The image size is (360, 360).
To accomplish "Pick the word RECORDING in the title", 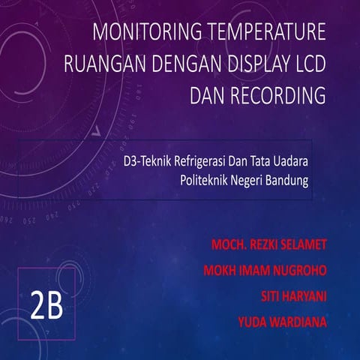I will [276, 97].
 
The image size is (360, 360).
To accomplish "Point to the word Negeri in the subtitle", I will [249, 180].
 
